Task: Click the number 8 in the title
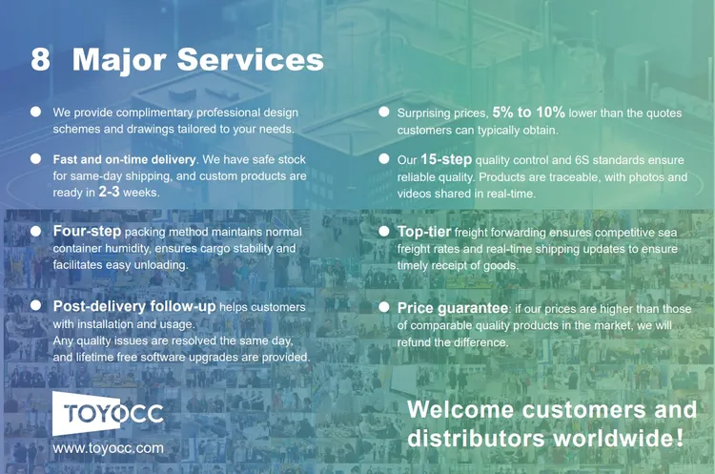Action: coord(40,59)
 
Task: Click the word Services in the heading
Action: coord(251,59)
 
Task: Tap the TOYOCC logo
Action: coord(108,413)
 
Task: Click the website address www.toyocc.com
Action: coord(108,448)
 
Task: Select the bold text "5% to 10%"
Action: coord(528,113)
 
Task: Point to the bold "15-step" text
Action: coord(446,159)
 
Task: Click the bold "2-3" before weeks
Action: coord(109,192)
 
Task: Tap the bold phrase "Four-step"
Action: coord(87,231)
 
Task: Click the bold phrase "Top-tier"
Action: coord(424,232)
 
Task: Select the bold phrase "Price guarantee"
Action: coord(453,308)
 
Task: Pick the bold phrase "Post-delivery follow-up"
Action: coord(134,306)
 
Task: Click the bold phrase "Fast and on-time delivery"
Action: coord(124,159)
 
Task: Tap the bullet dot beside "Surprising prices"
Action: coord(384,112)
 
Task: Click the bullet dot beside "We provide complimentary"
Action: coord(35,112)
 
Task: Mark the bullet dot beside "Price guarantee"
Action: coord(384,307)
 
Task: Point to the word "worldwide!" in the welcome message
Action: coord(619,438)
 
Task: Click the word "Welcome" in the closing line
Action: coord(461,410)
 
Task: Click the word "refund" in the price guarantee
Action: coord(417,342)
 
